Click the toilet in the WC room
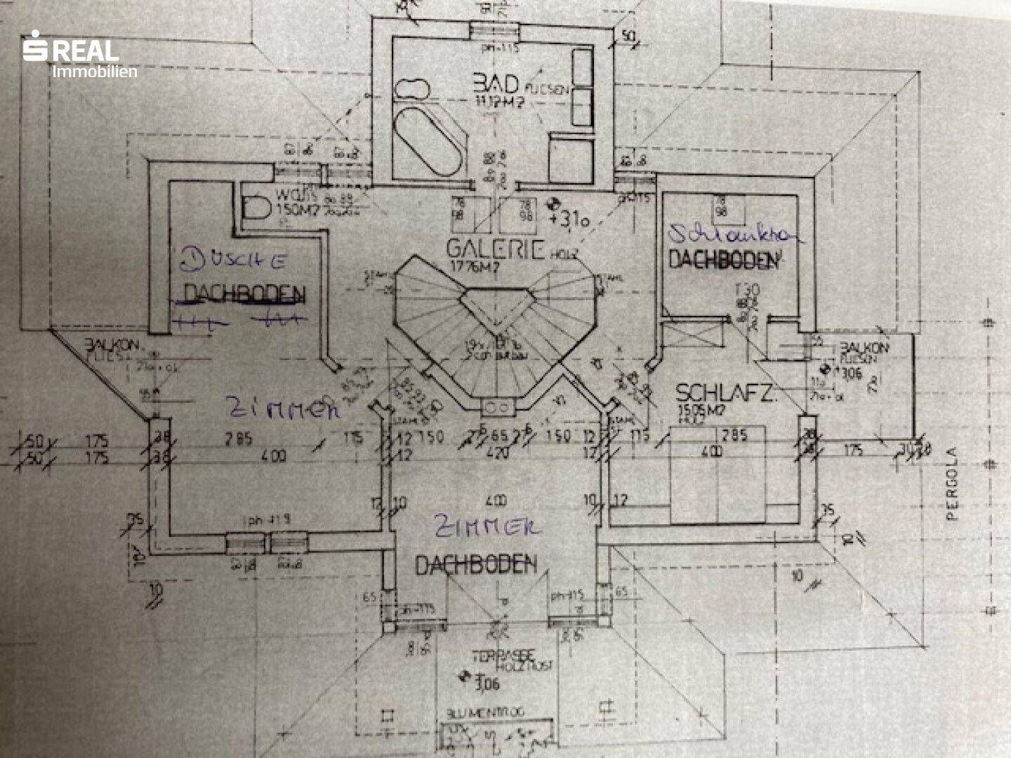click(258, 206)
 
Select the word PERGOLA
click(953, 494)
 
